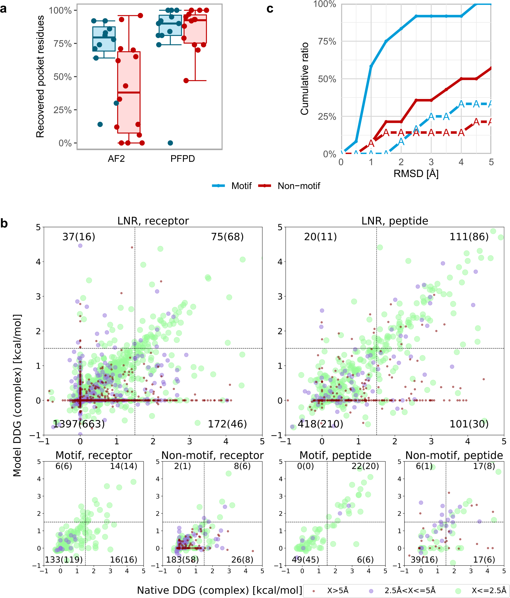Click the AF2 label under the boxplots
[x=116, y=159]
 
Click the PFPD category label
[x=182, y=159]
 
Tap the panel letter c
[x=270, y=9]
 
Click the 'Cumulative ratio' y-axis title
[x=305, y=79]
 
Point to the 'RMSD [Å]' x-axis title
[x=416, y=174]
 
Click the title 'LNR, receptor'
[x=153, y=221]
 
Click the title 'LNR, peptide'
[x=395, y=221]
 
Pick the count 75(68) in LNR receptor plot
[x=227, y=237]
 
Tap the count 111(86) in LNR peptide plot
[x=469, y=237]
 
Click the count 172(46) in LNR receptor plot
[x=227, y=424]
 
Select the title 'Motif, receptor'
[x=94, y=455]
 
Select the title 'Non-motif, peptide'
[x=454, y=455]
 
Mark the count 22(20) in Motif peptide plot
[x=365, y=466]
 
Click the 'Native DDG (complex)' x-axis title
[x=219, y=590]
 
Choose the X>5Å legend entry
[x=338, y=590]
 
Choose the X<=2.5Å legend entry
[x=488, y=590]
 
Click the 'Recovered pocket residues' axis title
[x=40, y=77]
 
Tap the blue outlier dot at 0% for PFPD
[x=170, y=143]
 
